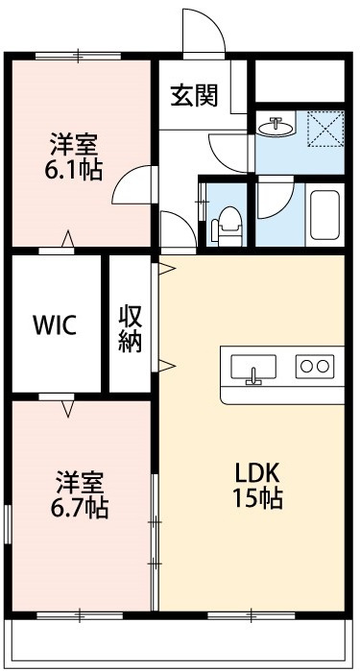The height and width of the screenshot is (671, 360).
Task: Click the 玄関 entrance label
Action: coord(195,95)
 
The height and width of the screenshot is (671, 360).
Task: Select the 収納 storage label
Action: coord(131,328)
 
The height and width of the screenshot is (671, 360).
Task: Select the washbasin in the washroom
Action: coord(279,125)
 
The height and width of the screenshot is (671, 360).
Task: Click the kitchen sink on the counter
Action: coord(254,368)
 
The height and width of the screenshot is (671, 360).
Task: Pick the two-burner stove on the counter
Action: coord(314,365)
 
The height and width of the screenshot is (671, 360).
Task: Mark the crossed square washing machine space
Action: coord(324,128)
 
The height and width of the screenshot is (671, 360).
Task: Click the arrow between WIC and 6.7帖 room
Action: coord(68,409)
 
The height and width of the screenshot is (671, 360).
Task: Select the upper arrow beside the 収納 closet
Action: coord(167,268)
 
